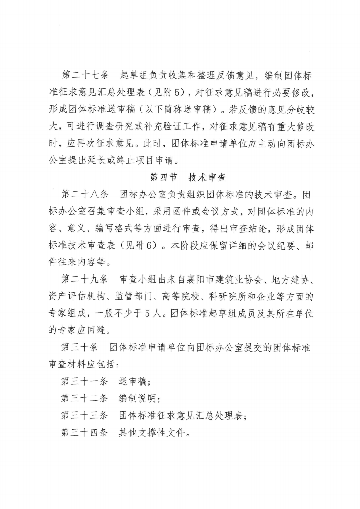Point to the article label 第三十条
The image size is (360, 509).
click(x=79, y=347)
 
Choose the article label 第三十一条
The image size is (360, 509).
click(x=85, y=382)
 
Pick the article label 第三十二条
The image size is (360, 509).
click(x=85, y=398)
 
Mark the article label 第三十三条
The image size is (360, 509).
click(x=85, y=416)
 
